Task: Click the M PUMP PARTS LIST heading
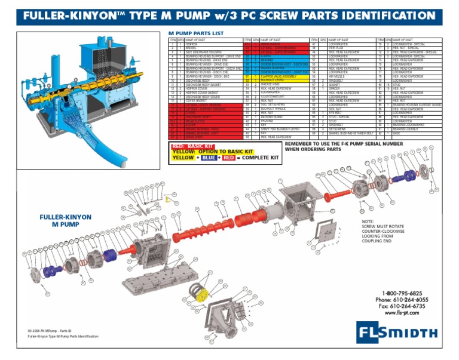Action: coord(195,33)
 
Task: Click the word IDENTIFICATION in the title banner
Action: coord(388,16)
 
